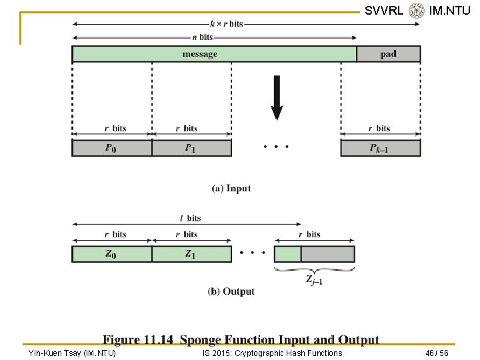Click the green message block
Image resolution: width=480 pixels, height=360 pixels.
(x=214, y=54)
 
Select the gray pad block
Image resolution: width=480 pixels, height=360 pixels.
(x=388, y=54)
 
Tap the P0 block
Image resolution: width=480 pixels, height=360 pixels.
(x=111, y=148)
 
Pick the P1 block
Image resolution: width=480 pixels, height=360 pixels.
(x=191, y=148)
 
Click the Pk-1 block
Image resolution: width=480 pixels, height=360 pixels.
(x=380, y=148)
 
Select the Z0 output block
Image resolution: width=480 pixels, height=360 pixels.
(x=111, y=254)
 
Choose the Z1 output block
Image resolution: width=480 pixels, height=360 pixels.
(x=191, y=254)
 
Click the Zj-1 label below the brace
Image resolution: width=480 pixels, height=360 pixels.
(x=315, y=280)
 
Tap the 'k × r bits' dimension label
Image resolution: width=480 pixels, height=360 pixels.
(x=227, y=23)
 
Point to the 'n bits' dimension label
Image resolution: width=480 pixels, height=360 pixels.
(x=201, y=37)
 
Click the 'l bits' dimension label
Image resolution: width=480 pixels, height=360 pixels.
(x=190, y=218)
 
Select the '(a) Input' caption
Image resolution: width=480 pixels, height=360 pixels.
(x=231, y=189)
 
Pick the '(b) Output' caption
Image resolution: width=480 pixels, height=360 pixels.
(x=231, y=291)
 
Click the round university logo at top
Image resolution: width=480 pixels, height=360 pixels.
(x=417, y=10)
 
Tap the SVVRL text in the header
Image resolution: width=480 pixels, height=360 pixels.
(x=384, y=10)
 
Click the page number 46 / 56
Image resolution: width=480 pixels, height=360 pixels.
(x=437, y=353)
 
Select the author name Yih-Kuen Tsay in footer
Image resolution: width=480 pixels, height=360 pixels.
(x=72, y=353)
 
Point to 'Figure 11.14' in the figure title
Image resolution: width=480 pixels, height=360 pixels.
(x=138, y=340)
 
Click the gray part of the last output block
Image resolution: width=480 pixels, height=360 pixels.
(x=327, y=254)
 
